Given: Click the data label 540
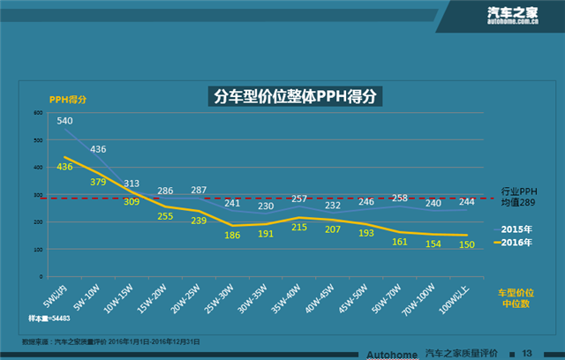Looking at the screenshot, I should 65,121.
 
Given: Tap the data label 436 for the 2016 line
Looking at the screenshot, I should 64,166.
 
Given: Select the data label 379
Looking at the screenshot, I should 98,183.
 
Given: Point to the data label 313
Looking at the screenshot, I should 132,184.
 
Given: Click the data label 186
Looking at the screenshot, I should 232,236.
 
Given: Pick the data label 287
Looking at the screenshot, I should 199,190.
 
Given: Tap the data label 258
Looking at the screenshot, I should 399,198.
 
